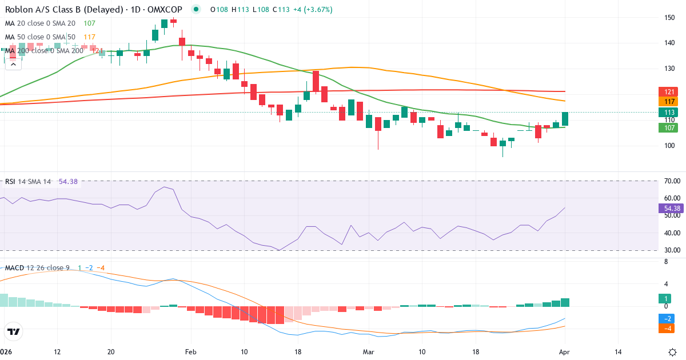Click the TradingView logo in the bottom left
click(x=14, y=331)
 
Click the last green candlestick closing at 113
click(x=565, y=119)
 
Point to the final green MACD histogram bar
click(x=565, y=302)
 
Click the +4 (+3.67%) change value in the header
click(x=312, y=10)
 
